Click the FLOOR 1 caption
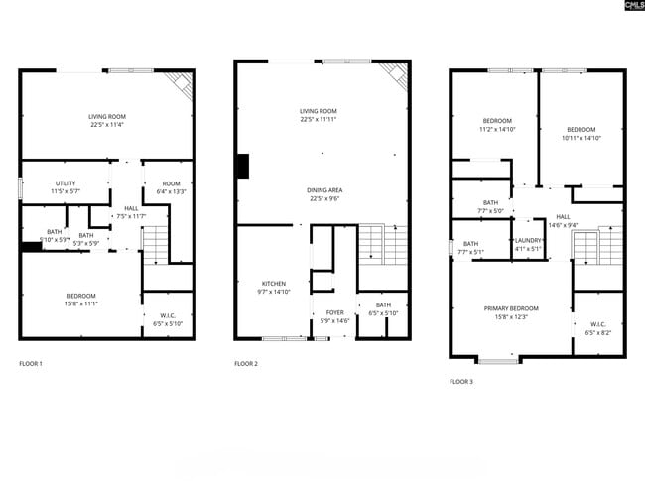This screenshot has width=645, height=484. (31, 364)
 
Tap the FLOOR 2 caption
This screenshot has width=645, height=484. (246, 364)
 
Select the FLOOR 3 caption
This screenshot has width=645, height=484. (461, 381)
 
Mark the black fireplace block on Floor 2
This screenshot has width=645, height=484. (241, 166)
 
